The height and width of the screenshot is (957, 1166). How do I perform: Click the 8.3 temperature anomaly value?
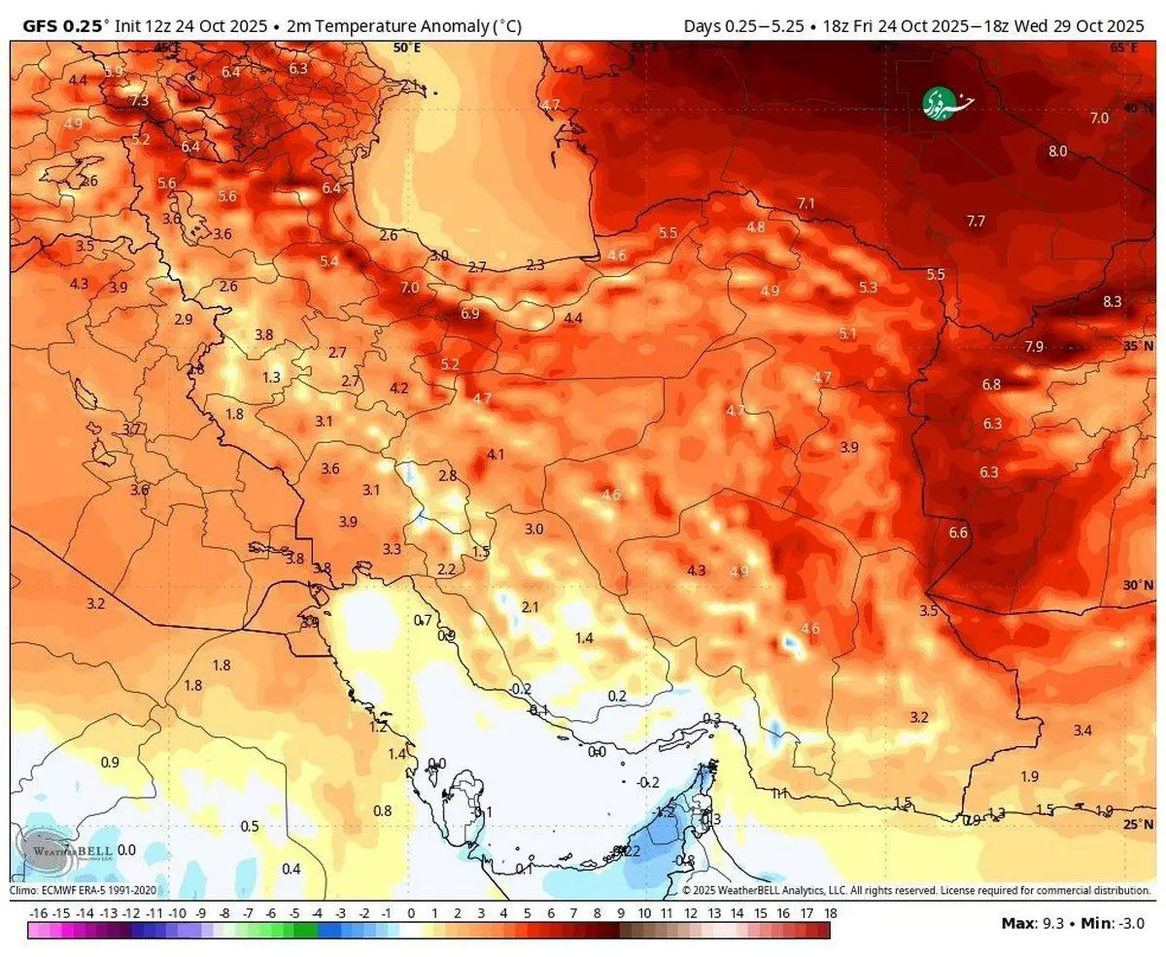click(1112, 301)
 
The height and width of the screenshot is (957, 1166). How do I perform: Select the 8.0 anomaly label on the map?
click(1057, 151)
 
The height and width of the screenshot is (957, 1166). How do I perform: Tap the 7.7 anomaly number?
click(976, 222)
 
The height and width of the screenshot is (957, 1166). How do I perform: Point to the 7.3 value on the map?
click(139, 100)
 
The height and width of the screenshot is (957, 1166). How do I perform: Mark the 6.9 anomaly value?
click(470, 313)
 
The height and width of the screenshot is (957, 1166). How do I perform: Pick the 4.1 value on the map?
click(496, 454)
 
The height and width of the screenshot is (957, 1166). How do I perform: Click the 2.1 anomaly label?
click(530, 606)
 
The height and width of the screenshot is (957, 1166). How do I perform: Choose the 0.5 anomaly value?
click(250, 826)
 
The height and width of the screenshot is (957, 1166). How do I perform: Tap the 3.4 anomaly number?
click(1082, 730)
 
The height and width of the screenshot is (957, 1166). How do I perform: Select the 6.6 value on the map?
click(958, 532)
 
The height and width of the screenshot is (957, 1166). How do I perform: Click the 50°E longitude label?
click(407, 47)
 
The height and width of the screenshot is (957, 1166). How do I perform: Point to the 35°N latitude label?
click(1137, 346)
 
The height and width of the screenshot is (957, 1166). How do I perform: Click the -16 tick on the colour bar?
click(39, 913)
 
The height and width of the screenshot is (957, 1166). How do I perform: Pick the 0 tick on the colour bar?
click(411, 913)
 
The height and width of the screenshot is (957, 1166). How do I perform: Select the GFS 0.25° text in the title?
click(62, 26)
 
